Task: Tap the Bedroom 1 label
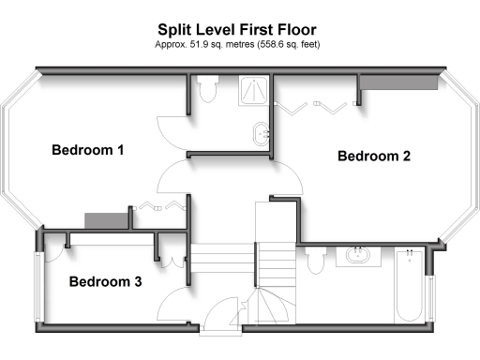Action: [x=88, y=150]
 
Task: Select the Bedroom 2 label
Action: [x=374, y=157]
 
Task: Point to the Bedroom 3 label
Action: [x=105, y=281]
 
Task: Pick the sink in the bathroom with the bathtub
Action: [x=357, y=255]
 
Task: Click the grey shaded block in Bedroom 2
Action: [x=399, y=84]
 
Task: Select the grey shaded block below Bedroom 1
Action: [x=105, y=219]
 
